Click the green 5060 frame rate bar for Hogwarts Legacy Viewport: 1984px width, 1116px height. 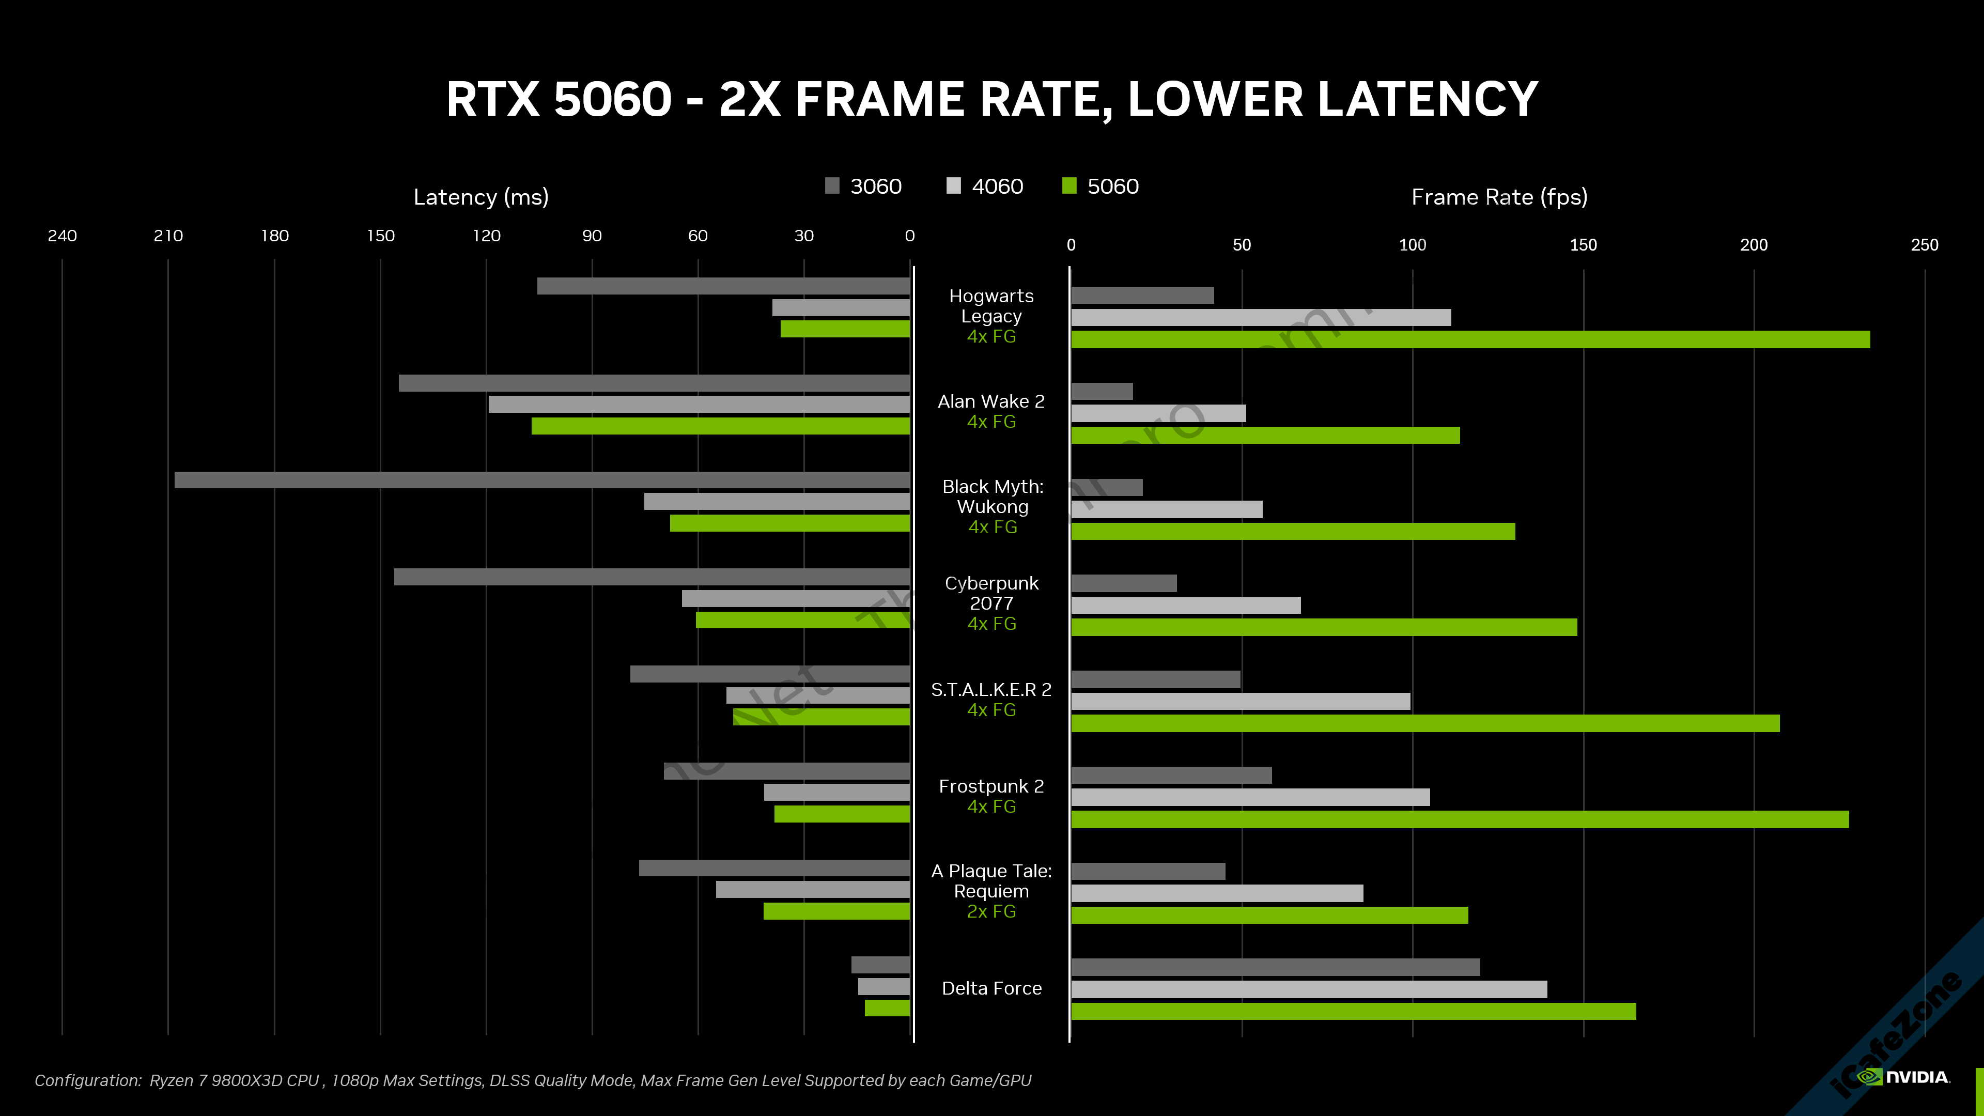tap(1469, 339)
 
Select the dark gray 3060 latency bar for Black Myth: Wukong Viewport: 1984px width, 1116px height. tap(541, 480)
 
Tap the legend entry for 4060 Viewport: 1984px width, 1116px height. tap(985, 187)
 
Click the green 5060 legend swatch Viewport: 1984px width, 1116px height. tap(1069, 185)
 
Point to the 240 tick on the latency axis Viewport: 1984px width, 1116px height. tap(63, 236)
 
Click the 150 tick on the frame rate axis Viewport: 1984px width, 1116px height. tap(1583, 245)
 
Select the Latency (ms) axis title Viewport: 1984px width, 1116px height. tap(481, 197)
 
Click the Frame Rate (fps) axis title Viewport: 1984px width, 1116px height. tap(1499, 197)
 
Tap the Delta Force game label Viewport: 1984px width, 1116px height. tap(991, 988)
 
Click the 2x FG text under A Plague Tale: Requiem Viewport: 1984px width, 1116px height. tap(991, 912)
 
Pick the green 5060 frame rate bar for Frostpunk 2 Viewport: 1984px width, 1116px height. tap(1460, 819)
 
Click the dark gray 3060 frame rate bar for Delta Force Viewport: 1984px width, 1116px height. tap(1275, 967)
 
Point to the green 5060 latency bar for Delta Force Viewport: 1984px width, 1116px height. tap(887, 1008)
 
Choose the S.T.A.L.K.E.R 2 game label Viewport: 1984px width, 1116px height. tap(991, 690)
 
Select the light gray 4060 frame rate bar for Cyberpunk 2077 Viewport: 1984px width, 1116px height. tap(1185, 606)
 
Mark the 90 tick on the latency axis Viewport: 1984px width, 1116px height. tap(592, 236)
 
